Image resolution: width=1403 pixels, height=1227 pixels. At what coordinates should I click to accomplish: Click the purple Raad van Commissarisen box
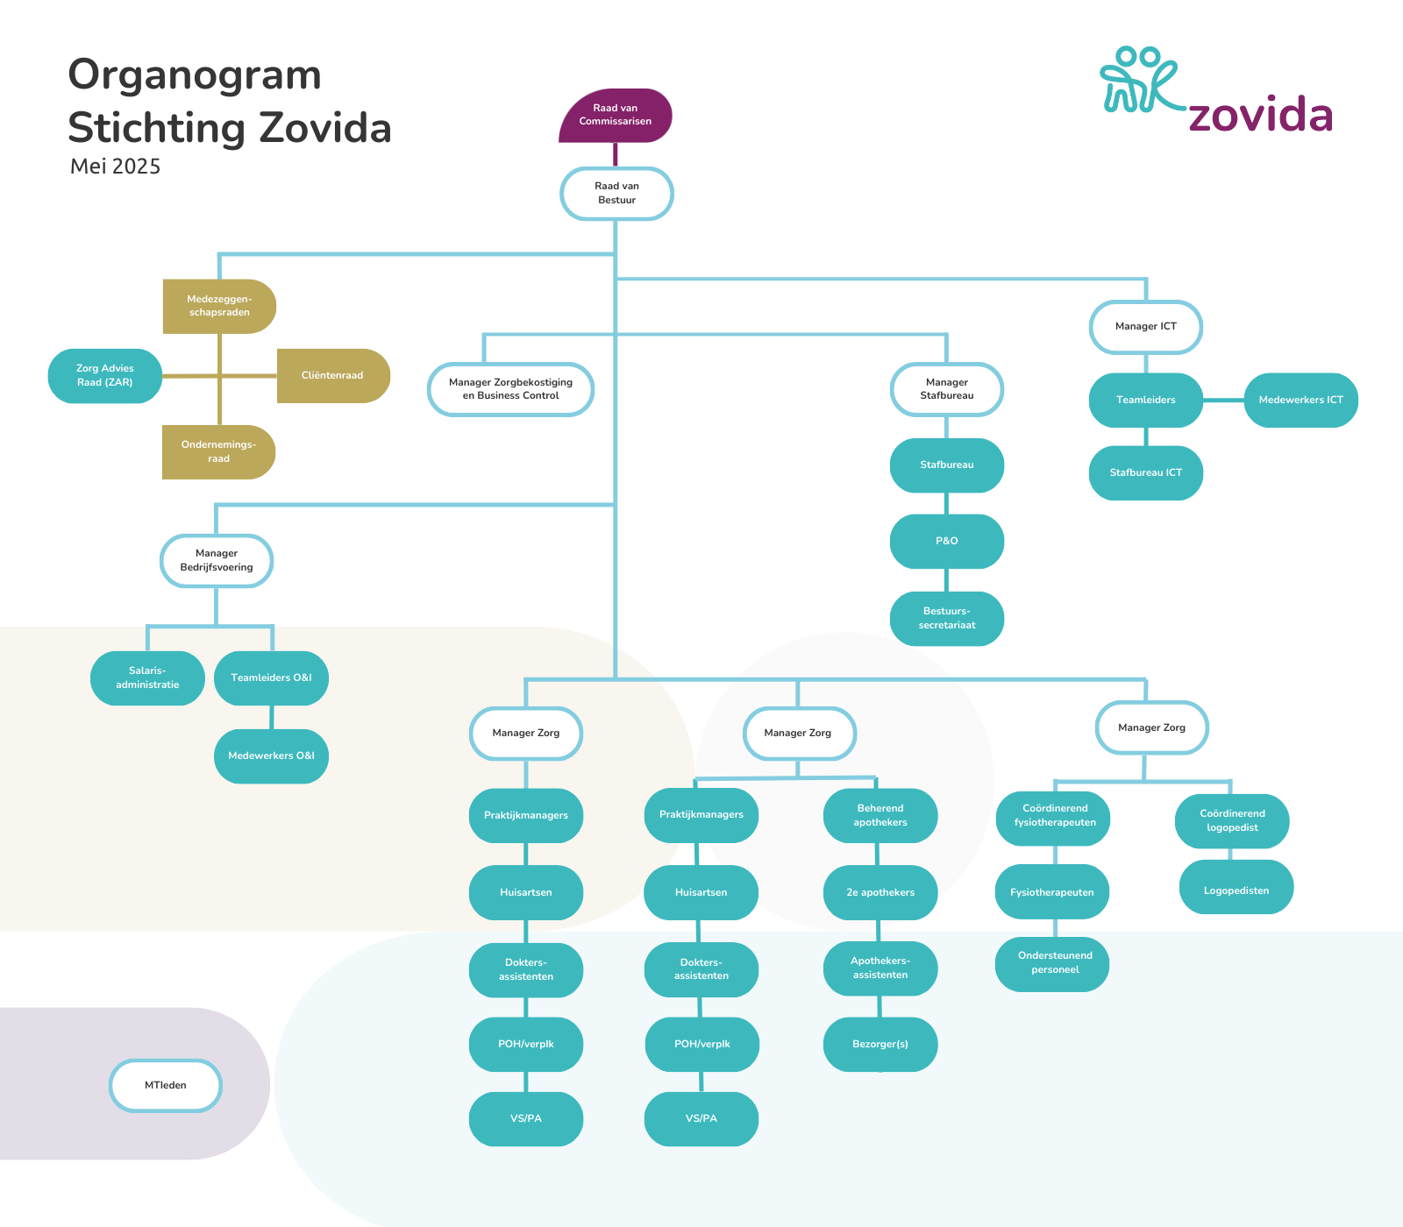[x=616, y=115]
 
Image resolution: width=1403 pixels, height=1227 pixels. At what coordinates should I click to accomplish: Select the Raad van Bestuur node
[x=616, y=194]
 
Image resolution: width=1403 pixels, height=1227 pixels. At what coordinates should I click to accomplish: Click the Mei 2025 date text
[x=115, y=167]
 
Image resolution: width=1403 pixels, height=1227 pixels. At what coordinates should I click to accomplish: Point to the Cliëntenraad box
[x=332, y=376]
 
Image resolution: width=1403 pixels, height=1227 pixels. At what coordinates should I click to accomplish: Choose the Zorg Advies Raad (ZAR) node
[x=105, y=376]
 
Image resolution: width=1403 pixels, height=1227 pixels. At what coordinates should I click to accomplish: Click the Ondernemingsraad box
[x=218, y=452]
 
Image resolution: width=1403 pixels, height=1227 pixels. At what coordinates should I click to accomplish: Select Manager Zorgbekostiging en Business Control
[x=510, y=389]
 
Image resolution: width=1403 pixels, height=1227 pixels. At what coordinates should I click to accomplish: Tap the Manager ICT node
[x=1145, y=327]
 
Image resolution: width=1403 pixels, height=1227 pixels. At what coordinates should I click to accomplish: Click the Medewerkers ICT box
[x=1300, y=401]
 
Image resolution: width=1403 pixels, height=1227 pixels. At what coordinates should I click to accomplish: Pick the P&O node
[x=946, y=542]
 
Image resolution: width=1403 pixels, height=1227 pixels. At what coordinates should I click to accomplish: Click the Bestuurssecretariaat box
[x=946, y=619]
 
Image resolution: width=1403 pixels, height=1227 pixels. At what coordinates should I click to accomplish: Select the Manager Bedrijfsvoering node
[x=217, y=561]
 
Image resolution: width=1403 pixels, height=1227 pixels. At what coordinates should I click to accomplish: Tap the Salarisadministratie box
[x=147, y=678]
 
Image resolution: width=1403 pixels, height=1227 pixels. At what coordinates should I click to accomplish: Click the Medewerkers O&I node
[x=271, y=756]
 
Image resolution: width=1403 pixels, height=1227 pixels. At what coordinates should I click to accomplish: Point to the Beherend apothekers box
[x=880, y=816]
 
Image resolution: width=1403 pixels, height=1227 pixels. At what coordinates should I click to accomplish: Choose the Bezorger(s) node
[x=880, y=1045]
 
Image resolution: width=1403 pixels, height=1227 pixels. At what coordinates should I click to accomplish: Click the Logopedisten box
[x=1236, y=891]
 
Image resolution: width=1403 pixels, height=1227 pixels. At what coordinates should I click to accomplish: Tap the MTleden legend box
[x=166, y=1086]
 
